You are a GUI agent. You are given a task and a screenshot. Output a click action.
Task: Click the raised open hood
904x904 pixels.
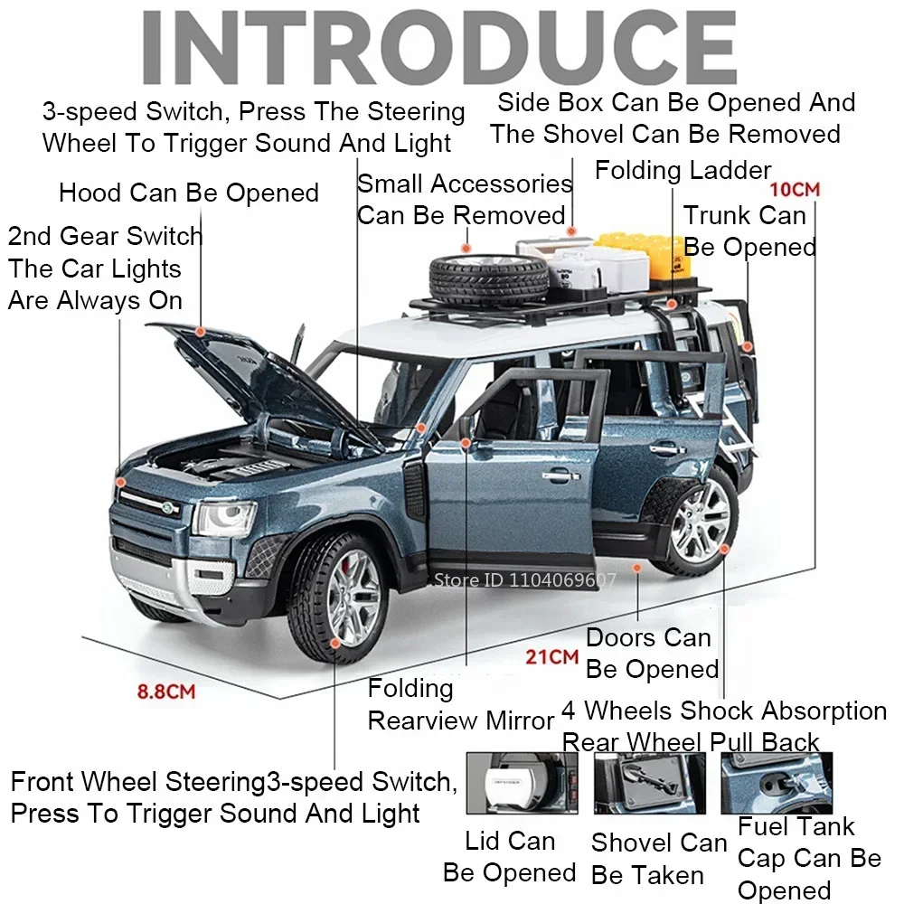[262, 371]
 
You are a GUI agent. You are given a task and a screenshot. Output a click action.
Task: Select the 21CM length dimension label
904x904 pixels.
[551, 657]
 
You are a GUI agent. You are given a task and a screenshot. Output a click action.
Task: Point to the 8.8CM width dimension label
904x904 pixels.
[166, 692]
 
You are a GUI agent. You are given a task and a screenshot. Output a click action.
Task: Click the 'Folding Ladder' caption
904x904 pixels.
[683, 170]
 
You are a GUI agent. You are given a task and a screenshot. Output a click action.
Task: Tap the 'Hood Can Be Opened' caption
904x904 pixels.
[188, 193]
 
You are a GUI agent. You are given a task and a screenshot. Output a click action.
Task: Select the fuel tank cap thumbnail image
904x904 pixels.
[776, 782]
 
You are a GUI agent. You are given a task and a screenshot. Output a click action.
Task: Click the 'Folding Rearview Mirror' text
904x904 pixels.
[459, 704]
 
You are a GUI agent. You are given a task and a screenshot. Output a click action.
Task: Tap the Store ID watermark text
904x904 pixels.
[524, 579]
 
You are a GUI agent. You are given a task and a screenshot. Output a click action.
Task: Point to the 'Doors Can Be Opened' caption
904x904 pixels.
[651, 654]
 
